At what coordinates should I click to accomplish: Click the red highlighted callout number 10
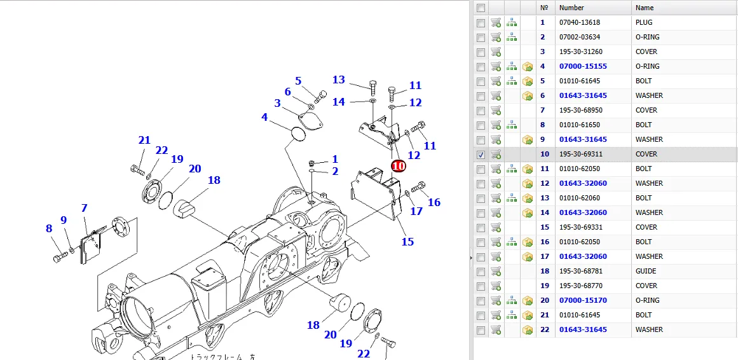(x=398, y=166)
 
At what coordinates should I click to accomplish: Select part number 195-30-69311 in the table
(x=580, y=154)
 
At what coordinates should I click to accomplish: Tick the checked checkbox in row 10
(x=481, y=155)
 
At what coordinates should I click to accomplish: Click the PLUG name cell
(x=644, y=22)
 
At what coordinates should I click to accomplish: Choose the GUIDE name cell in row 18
(x=646, y=271)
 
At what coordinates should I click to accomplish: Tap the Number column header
(x=571, y=8)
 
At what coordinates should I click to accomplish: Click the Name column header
(x=645, y=8)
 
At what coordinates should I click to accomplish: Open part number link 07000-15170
(x=583, y=300)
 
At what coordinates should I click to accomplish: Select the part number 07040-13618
(x=580, y=22)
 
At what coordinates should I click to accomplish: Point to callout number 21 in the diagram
(x=144, y=140)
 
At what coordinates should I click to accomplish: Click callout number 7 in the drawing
(x=84, y=208)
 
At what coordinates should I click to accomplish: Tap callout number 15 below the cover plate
(x=407, y=242)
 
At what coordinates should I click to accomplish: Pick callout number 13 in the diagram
(x=339, y=80)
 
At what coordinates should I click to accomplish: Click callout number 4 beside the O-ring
(x=265, y=117)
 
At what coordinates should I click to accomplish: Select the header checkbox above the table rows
(x=481, y=8)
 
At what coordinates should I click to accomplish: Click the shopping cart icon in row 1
(x=496, y=22)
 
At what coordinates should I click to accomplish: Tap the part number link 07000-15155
(x=583, y=66)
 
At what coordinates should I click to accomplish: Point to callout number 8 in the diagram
(x=49, y=228)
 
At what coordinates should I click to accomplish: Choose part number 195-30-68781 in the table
(x=580, y=271)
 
